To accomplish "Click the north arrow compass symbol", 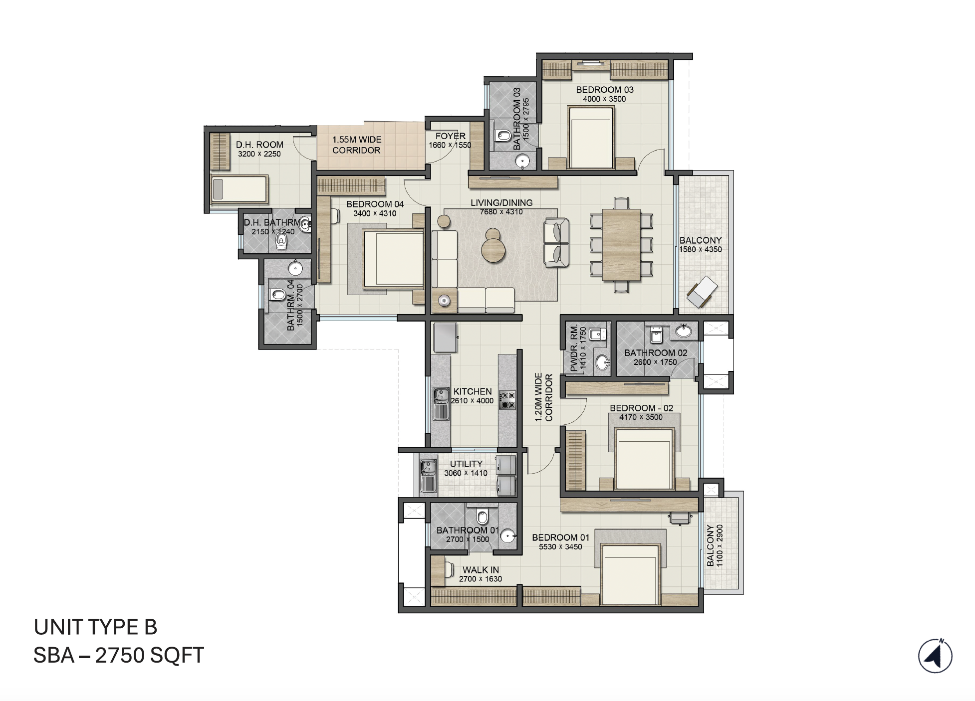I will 935,656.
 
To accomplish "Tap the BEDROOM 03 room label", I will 604,90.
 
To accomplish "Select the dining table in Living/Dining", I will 621,244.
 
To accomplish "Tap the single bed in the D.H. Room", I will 239,189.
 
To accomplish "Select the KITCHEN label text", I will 472,391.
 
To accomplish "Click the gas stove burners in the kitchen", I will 507,400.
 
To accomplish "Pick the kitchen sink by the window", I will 441,404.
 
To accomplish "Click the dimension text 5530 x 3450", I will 560,547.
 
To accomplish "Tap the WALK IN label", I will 480,569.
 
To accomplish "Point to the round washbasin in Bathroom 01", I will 507,536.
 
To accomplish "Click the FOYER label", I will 450,136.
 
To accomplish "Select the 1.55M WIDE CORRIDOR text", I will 357,145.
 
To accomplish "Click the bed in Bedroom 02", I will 644,459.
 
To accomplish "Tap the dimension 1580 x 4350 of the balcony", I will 700,249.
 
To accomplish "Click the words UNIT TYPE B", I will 95,627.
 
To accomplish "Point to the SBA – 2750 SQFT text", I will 119,655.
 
